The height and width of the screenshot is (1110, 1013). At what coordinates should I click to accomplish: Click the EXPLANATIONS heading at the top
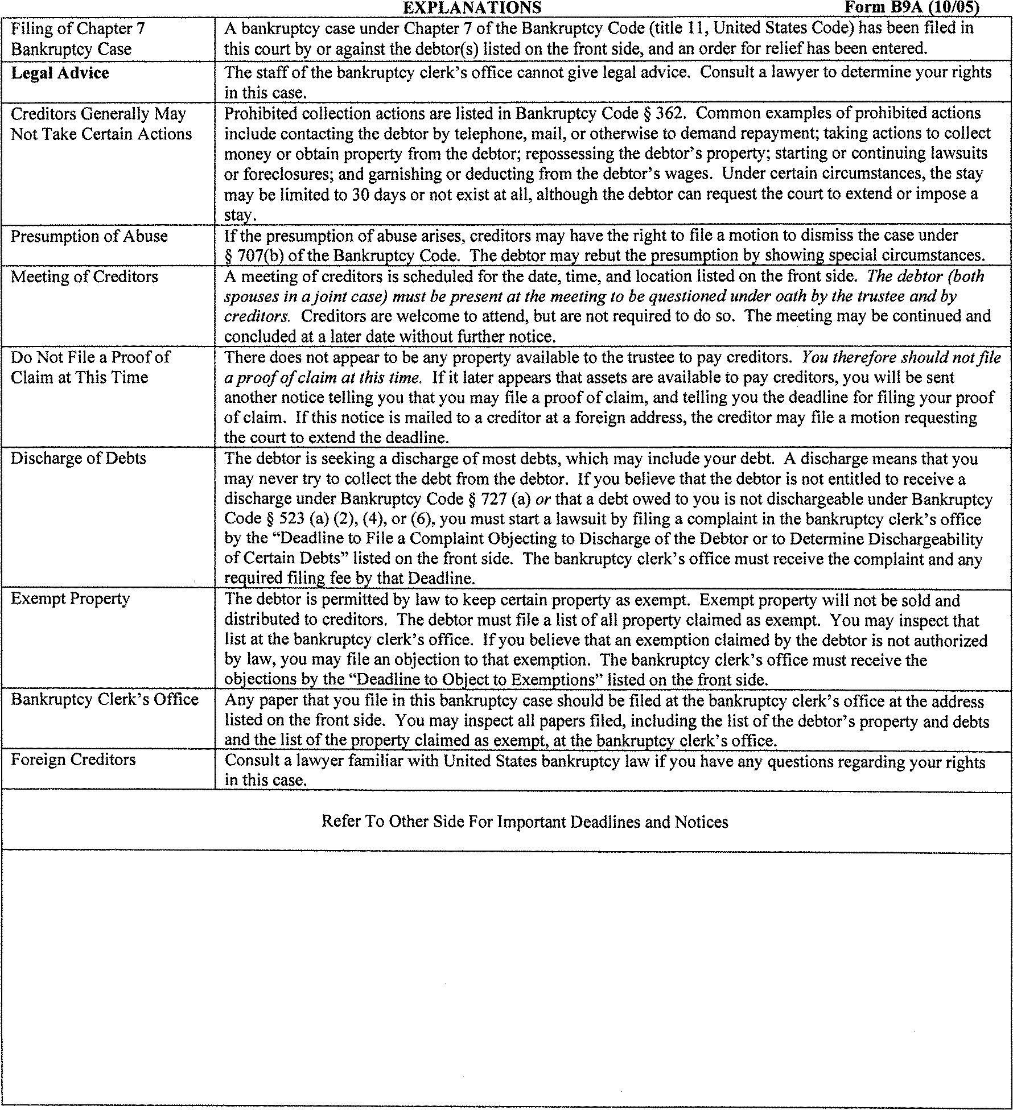[472, 7]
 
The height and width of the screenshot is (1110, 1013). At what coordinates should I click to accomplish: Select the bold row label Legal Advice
[60, 73]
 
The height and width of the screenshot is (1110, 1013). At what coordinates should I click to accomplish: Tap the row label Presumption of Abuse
[89, 236]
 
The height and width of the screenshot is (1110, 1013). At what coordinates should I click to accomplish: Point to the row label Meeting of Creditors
[84, 277]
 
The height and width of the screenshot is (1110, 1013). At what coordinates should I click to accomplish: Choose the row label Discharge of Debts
[79, 459]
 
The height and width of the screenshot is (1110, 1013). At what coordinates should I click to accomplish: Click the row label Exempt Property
[70, 599]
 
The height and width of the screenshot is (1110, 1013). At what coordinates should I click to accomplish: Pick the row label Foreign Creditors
[73, 760]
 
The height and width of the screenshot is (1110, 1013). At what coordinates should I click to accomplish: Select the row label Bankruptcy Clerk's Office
[105, 699]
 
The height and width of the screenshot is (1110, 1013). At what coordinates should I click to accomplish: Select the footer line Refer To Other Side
[524, 822]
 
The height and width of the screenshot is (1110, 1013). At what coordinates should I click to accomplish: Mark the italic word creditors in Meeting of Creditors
[256, 316]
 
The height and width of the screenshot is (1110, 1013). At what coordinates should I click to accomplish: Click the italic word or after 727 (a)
[542, 499]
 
